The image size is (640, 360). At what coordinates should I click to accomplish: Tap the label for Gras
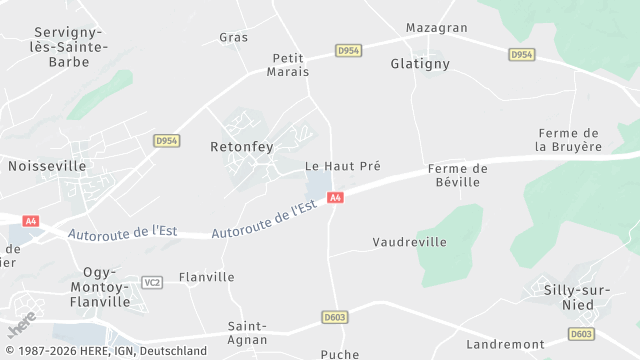tap(233, 37)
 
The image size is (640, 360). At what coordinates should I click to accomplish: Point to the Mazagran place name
tap(436, 28)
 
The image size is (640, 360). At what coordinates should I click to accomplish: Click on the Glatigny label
tap(420, 63)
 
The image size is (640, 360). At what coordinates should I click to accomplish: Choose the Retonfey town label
tap(241, 146)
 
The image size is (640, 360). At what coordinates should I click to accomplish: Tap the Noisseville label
tap(47, 165)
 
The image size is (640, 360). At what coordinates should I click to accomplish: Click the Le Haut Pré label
tap(343, 166)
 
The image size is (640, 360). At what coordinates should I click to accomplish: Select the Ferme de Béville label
tap(457, 175)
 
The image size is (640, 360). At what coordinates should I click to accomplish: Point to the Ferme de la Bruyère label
tap(569, 140)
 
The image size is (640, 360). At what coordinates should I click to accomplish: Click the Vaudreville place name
tap(409, 242)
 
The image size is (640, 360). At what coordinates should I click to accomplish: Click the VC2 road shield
tap(152, 282)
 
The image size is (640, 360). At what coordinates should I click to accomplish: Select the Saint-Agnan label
tap(247, 333)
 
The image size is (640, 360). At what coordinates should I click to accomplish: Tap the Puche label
tap(339, 354)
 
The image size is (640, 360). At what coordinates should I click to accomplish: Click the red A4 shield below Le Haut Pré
tap(336, 198)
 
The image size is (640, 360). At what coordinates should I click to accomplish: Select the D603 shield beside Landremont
tap(581, 334)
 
